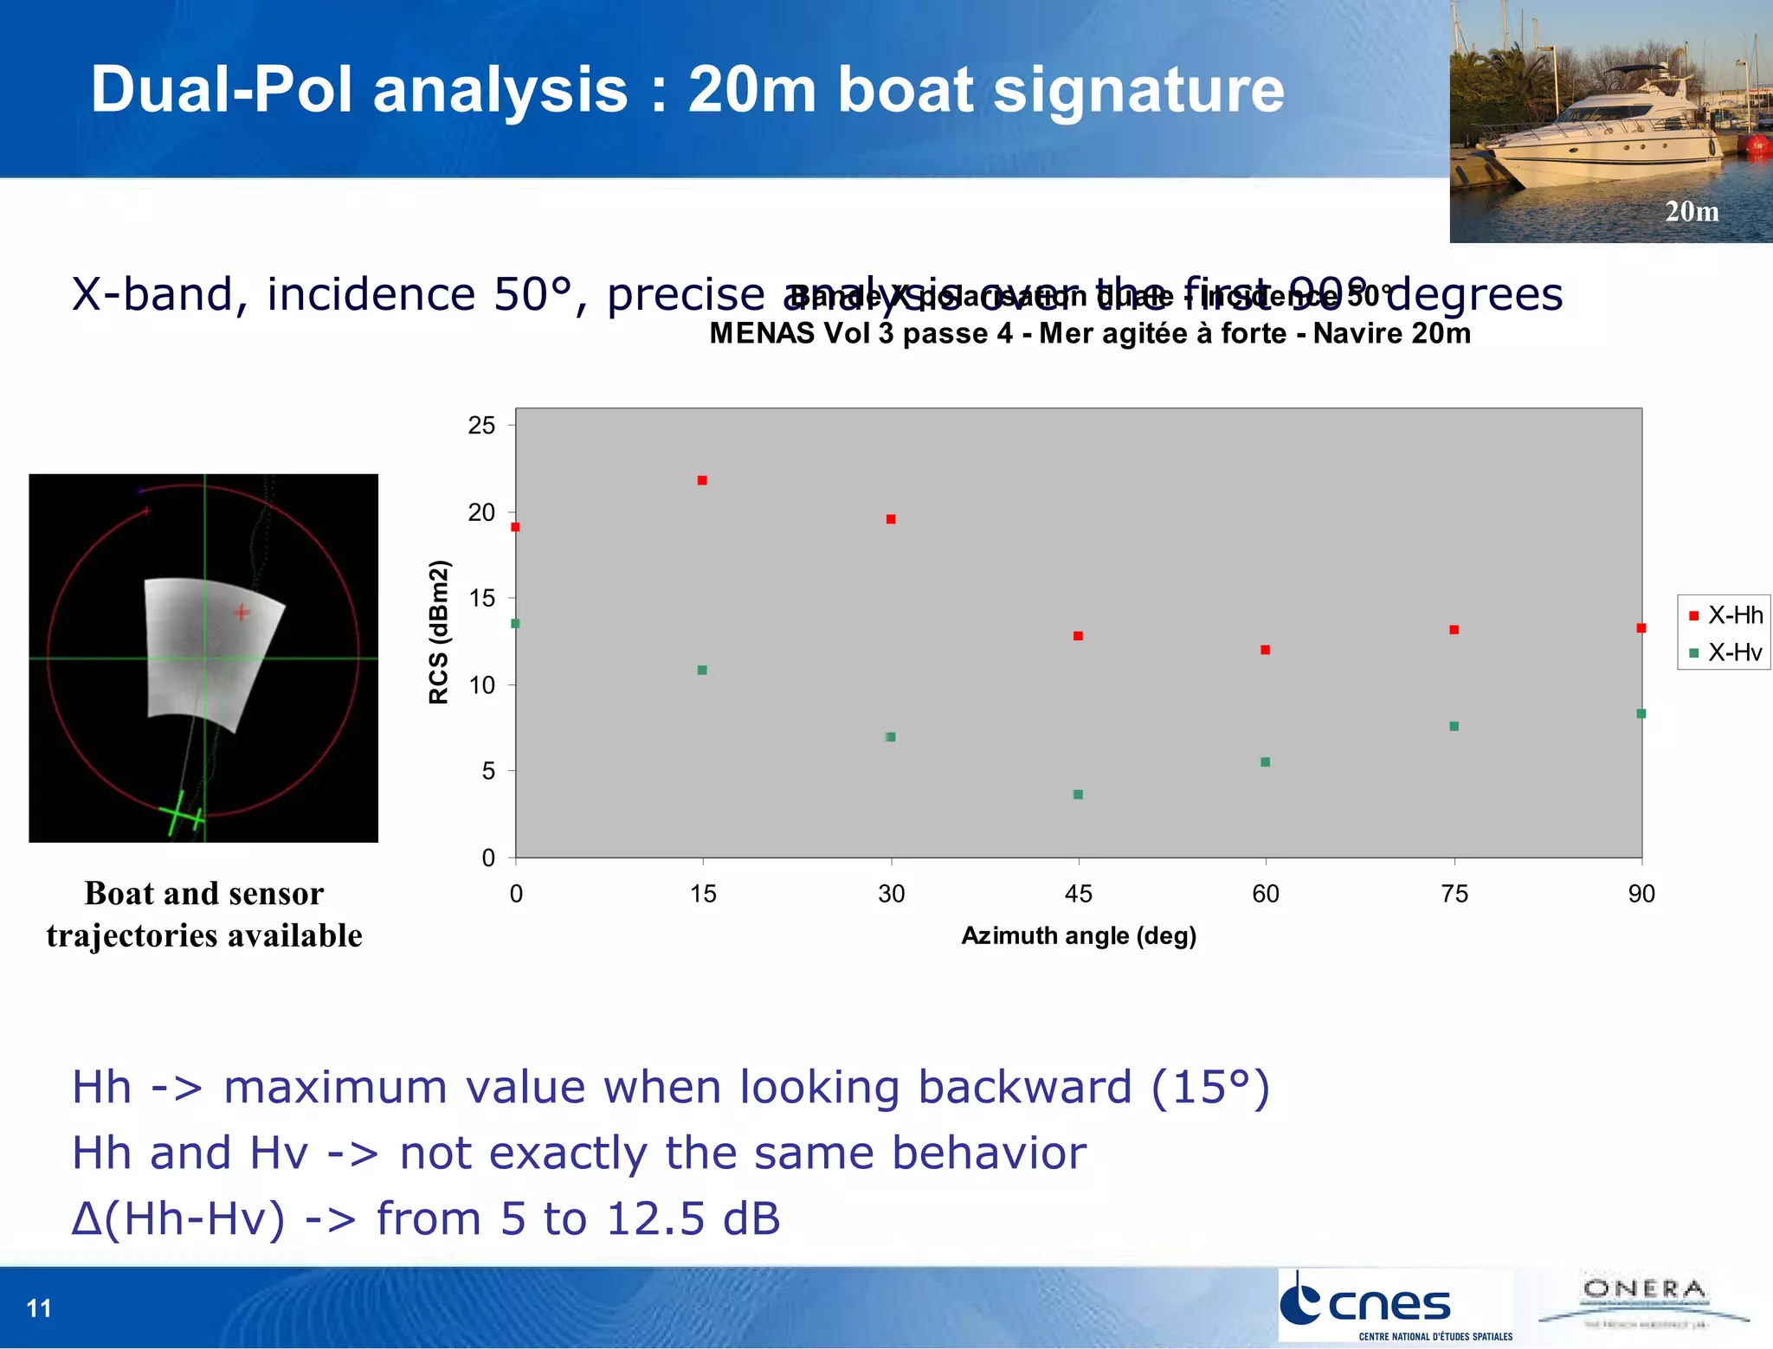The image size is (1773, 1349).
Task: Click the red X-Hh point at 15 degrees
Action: click(x=702, y=480)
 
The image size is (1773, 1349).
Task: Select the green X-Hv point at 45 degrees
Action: click(x=1078, y=794)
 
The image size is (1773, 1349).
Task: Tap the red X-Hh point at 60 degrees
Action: click(x=1265, y=650)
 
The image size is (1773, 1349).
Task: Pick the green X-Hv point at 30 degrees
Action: click(x=890, y=737)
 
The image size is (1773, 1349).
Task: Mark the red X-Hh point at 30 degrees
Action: click(x=891, y=519)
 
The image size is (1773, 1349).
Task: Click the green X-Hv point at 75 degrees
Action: click(x=1454, y=726)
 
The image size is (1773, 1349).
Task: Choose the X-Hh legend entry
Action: click(x=1725, y=615)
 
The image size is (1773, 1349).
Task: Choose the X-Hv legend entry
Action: click(x=1725, y=652)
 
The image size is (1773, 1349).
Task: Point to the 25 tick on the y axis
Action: click(x=481, y=426)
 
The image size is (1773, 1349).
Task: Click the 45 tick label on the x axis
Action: click(x=1078, y=894)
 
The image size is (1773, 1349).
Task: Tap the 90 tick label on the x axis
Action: click(x=1641, y=894)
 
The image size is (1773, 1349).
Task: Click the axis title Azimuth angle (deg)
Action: click(x=1079, y=935)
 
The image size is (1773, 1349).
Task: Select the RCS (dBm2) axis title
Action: click(x=440, y=633)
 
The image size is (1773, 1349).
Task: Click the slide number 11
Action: click(x=39, y=1308)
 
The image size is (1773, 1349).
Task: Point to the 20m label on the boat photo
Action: click(x=1692, y=211)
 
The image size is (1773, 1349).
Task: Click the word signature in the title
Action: click(x=1138, y=90)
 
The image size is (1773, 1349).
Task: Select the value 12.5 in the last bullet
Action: click(x=655, y=1218)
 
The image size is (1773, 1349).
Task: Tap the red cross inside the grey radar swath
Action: click(x=242, y=613)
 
